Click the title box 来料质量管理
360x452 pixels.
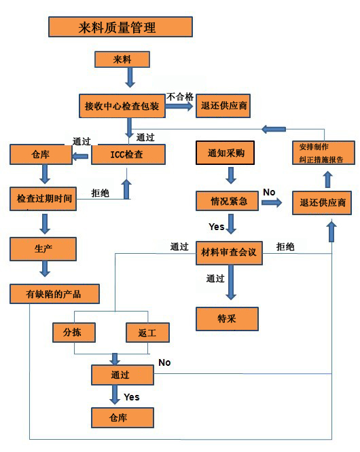point(121,27)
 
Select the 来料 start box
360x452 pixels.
point(122,59)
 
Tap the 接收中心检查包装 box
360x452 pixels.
point(122,106)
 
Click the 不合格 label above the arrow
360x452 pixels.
point(180,96)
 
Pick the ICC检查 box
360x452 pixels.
point(128,155)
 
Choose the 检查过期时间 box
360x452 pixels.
point(43,199)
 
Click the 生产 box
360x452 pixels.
point(43,249)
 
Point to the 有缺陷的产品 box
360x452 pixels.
point(55,294)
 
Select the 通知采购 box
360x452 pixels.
point(226,153)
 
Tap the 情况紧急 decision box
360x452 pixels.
point(228,201)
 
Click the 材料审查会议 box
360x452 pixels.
point(230,253)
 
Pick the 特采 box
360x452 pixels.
point(228,319)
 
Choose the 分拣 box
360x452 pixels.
point(74,333)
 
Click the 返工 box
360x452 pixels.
point(147,333)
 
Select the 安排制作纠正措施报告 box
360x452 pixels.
point(323,153)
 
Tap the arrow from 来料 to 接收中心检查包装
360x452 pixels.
point(130,77)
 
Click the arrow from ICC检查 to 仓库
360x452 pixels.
point(80,157)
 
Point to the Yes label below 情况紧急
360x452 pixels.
point(217,227)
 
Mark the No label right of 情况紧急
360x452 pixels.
point(269,192)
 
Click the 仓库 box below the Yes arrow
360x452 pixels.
point(122,417)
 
